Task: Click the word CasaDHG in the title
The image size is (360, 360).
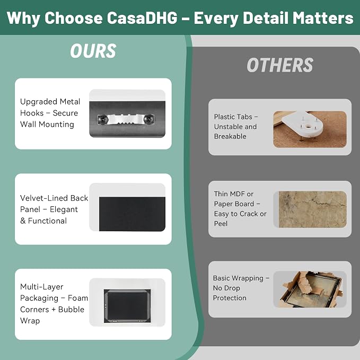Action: [x=142, y=17]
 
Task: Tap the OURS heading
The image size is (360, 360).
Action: [x=93, y=51]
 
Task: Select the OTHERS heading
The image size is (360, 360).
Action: [x=280, y=65]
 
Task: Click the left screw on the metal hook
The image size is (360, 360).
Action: [x=103, y=119]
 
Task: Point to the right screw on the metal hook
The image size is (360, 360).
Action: [x=148, y=119]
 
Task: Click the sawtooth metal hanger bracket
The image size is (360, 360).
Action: [x=126, y=119]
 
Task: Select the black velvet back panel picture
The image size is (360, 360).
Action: [x=132, y=214]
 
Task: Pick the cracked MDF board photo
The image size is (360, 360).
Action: [x=312, y=209]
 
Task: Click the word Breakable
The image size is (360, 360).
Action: [x=230, y=136]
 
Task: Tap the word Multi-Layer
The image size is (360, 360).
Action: [x=41, y=287]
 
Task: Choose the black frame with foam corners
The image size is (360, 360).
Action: [x=127, y=306]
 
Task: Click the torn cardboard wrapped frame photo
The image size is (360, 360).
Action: [x=310, y=289]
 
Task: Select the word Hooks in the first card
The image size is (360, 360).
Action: [x=32, y=113]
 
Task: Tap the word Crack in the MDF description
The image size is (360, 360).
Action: [x=249, y=214]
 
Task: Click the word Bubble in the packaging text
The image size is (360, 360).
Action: [x=71, y=310]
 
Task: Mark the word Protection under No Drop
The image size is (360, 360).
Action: [x=230, y=298]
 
